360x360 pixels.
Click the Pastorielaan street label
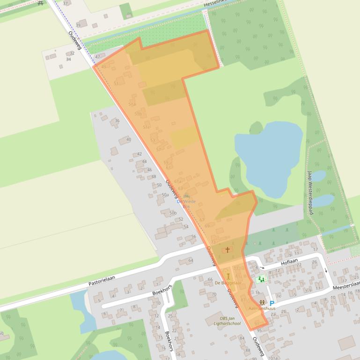point(102,281)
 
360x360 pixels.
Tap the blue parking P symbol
point(272,303)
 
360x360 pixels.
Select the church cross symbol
point(228,250)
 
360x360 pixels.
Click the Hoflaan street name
point(289,264)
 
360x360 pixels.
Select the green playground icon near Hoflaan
point(261,279)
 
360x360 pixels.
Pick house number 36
point(117,121)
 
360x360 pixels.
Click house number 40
point(129,139)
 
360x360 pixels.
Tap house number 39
point(78,25)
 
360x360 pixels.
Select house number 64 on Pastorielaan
point(191,260)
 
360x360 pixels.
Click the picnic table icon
point(40,2)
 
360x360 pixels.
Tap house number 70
point(214,295)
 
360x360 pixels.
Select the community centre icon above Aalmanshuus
point(261,302)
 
